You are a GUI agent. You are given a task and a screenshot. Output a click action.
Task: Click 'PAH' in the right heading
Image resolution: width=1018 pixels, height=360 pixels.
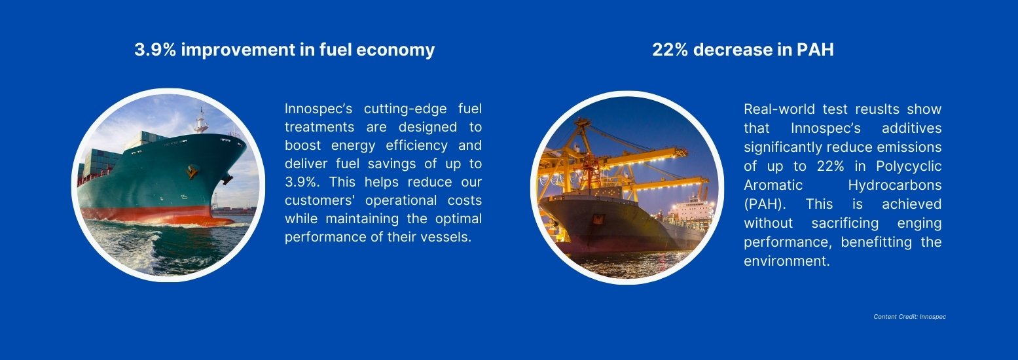[815, 50]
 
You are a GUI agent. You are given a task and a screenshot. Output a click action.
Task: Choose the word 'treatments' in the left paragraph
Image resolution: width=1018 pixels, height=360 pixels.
[319, 127]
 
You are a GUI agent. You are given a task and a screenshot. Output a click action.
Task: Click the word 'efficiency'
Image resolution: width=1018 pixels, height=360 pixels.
[417, 146]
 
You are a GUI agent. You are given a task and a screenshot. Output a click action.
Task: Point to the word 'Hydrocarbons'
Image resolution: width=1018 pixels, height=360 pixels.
[895, 186]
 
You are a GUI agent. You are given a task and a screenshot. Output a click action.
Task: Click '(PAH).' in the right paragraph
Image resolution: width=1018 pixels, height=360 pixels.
[765, 204]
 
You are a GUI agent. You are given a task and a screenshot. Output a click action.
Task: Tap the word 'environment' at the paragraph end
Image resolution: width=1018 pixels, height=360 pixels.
[785, 261]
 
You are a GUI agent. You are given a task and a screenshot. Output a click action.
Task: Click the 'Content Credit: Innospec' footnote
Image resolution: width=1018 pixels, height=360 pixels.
[910, 317]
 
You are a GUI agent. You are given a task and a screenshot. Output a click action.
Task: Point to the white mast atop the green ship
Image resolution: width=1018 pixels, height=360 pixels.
[200, 120]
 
